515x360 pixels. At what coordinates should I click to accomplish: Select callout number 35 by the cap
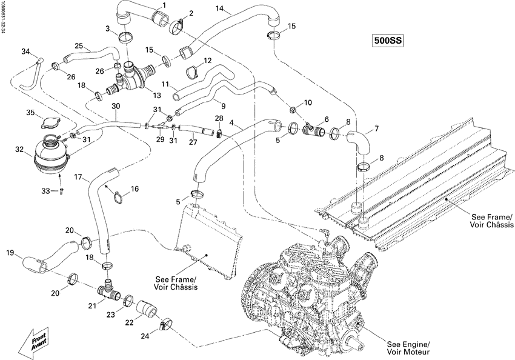[30, 113]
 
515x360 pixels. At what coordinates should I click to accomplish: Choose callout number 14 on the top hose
[219, 8]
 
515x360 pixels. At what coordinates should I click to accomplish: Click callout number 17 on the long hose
[78, 177]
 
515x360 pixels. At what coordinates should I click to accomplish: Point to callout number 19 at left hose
[10, 252]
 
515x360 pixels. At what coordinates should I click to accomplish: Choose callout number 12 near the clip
[207, 61]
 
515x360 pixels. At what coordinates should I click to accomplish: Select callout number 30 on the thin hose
[116, 106]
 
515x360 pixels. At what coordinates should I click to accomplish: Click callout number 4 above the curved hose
[233, 122]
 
